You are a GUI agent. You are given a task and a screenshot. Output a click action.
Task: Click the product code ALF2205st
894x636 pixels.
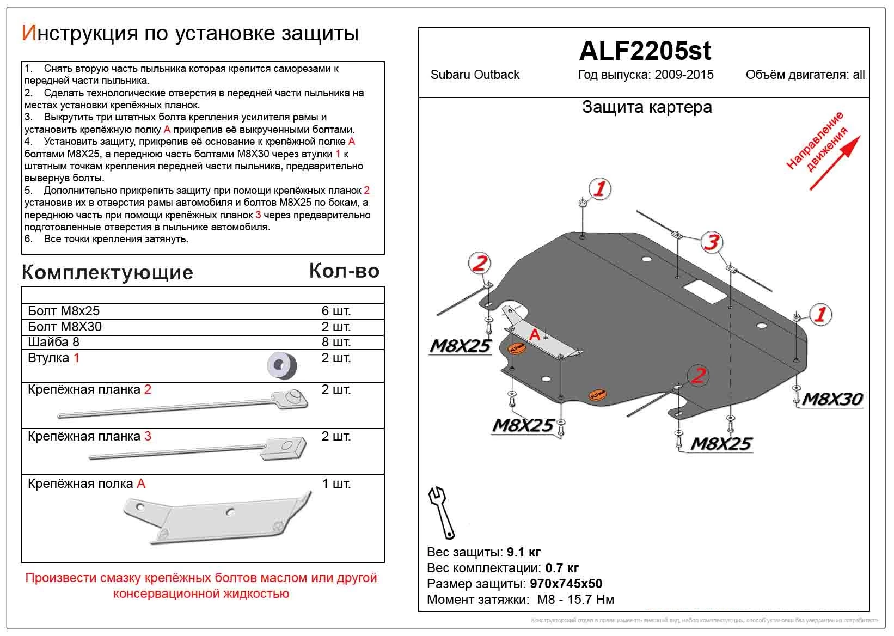tap(645, 51)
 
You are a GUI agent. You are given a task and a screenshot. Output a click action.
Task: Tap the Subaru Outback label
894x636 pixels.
tap(475, 75)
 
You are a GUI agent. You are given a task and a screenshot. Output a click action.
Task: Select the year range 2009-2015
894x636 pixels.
tap(684, 75)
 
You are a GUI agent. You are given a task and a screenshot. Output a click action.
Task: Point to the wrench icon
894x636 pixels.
tap(443, 512)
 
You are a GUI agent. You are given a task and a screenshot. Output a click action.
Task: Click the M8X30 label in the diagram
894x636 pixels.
tap(832, 400)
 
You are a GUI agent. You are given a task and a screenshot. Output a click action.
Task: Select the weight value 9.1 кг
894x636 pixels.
tap(523, 553)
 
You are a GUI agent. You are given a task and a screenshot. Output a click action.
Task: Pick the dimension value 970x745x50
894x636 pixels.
tap(566, 584)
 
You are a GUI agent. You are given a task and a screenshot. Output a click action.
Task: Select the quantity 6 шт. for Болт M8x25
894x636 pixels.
tap(336, 311)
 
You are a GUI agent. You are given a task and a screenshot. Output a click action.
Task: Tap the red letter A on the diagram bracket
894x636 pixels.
tap(535, 335)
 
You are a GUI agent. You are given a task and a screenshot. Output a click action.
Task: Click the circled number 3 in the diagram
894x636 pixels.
tap(711, 242)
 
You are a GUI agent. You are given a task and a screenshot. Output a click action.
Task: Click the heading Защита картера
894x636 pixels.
tap(646, 107)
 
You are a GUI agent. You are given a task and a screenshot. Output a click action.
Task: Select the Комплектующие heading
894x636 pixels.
tap(107, 272)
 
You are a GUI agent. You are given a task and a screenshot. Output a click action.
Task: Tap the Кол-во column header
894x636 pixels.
tap(344, 271)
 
